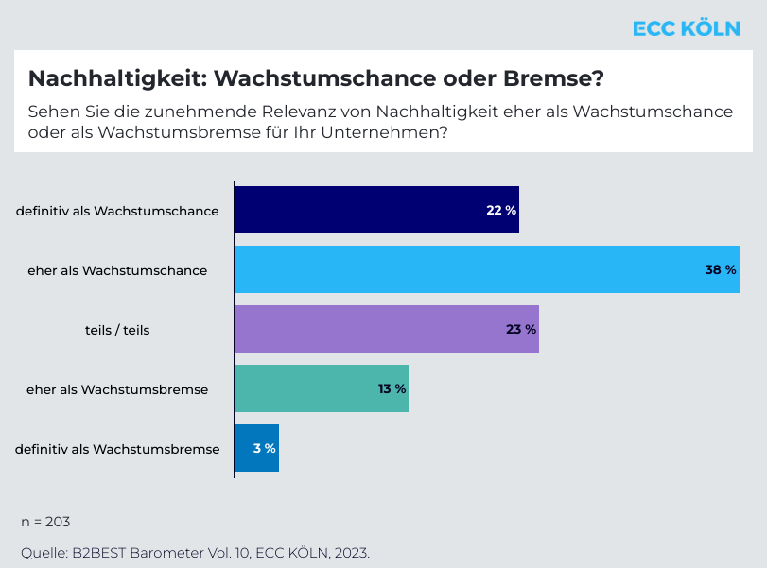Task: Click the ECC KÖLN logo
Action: pyautogui.click(x=686, y=29)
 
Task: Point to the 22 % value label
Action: pyautogui.click(x=501, y=210)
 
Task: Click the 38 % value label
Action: pyautogui.click(x=721, y=269)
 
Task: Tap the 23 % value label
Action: pyautogui.click(x=521, y=329)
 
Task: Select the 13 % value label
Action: pyautogui.click(x=391, y=388)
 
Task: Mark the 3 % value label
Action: pyautogui.click(x=265, y=448)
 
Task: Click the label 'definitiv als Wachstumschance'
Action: pyautogui.click(x=117, y=210)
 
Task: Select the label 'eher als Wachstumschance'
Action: pyautogui.click(x=117, y=270)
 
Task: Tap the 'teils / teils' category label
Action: pyautogui.click(x=117, y=330)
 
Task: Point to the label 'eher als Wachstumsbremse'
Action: pyautogui.click(x=118, y=389)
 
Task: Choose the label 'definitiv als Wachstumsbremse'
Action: pyautogui.click(x=117, y=449)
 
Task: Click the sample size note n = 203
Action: pyautogui.click(x=45, y=522)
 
